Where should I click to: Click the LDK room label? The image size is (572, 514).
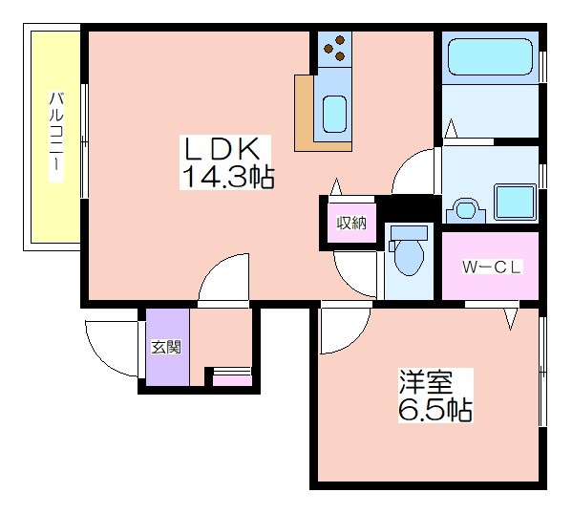(222, 149)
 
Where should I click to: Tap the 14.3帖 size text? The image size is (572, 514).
(227, 177)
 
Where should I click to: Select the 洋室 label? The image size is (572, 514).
(426, 382)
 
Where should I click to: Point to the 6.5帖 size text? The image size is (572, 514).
(434, 410)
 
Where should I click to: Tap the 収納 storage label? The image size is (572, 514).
(351, 223)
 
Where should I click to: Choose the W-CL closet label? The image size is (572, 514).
(490, 267)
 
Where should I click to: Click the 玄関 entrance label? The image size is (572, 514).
(166, 347)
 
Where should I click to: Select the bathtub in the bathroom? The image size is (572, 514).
(490, 56)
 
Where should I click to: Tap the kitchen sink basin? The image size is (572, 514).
(334, 114)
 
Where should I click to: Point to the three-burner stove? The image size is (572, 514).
(334, 49)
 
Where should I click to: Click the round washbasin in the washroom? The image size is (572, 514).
(465, 210)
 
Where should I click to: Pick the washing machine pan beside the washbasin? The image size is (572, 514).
(515, 202)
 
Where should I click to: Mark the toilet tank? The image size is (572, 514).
(409, 232)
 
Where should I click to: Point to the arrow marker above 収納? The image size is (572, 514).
(336, 187)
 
